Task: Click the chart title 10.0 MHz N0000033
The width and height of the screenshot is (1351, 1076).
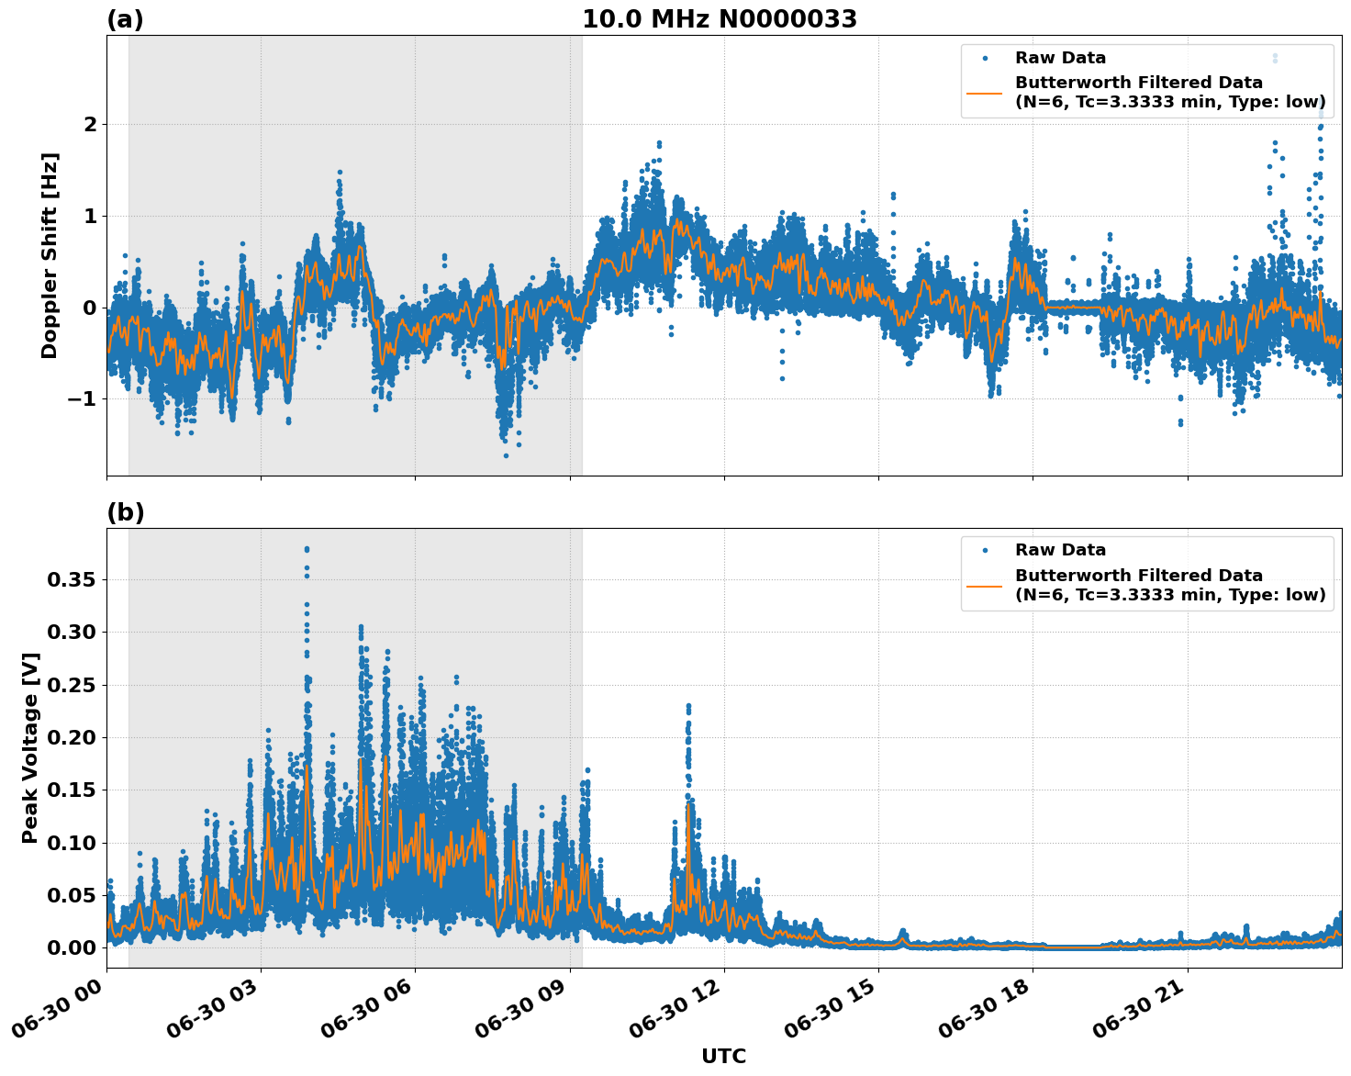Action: coord(719,19)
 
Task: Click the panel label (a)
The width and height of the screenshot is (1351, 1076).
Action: coord(125,19)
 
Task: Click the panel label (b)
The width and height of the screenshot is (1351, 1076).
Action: coord(125,512)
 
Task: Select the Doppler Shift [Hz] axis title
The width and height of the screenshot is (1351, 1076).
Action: coord(50,255)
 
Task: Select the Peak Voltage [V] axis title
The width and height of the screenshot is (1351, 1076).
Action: coord(30,748)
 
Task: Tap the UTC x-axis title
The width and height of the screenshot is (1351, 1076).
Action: coord(723,1056)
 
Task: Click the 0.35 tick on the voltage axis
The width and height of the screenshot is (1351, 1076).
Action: coord(72,580)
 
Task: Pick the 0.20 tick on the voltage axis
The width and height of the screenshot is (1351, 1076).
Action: coord(72,738)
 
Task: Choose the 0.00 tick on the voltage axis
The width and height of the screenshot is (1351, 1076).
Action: coord(72,947)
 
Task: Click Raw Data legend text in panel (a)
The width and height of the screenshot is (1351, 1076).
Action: coord(1060,58)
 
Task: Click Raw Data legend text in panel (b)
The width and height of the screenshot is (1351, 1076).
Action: coord(1060,550)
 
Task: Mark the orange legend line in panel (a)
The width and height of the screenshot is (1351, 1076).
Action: coord(984,93)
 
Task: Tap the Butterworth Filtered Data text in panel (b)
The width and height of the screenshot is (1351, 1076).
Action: coord(1138,576)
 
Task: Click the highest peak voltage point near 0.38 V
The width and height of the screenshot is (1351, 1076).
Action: coord(307,549)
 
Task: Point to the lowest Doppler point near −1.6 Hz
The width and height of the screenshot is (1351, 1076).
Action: coord(506,455)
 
